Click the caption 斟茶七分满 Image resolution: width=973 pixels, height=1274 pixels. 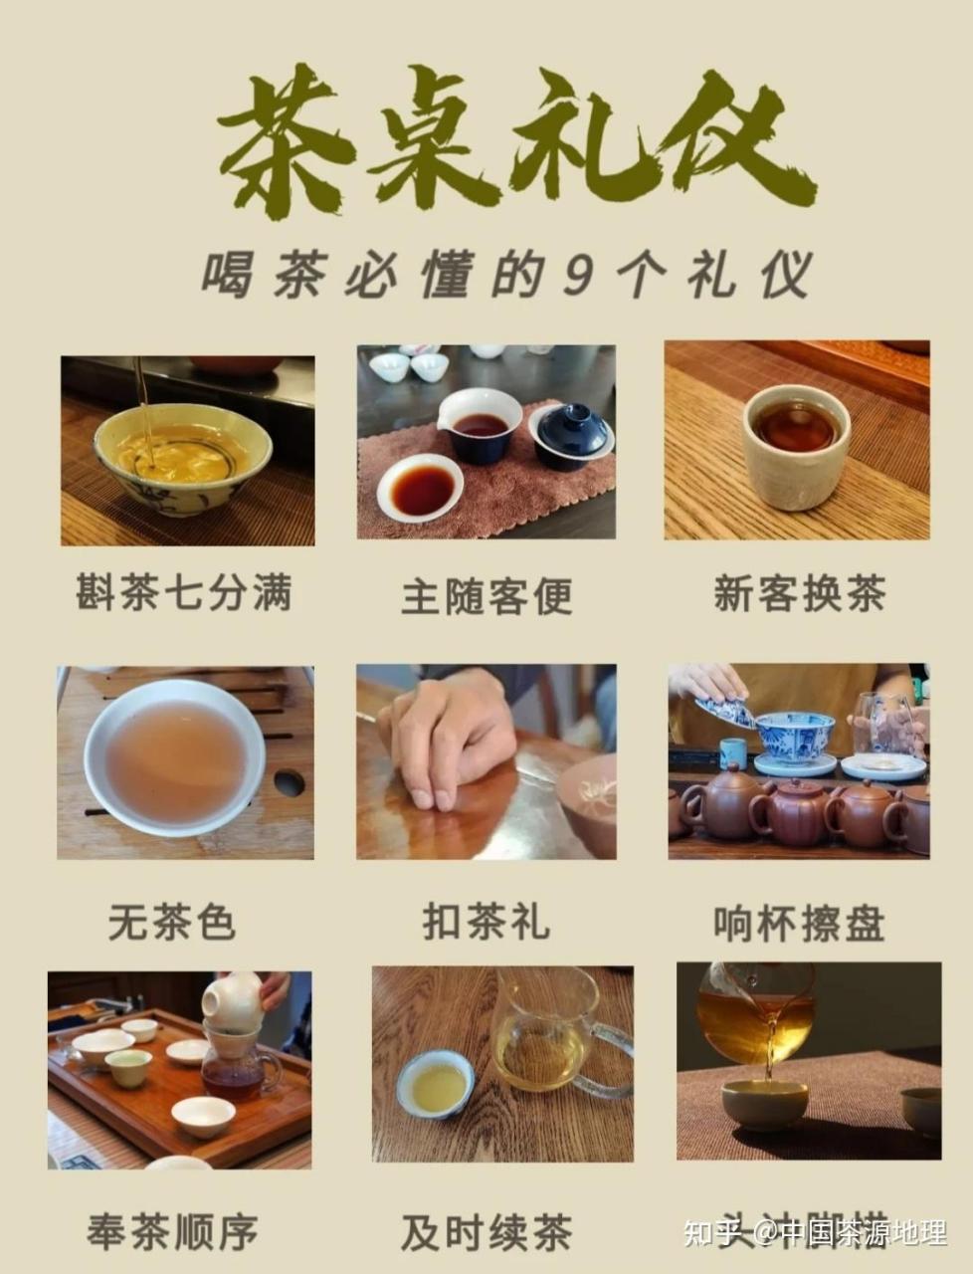click(185, 593)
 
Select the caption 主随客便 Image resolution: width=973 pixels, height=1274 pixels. click(486, 596)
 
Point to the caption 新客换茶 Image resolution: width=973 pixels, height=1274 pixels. click(799, 594)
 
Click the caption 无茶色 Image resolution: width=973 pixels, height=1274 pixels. click(172, 922)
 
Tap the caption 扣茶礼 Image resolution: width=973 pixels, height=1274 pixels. click(486, 922)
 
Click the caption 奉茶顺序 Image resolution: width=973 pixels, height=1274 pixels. click(172, 1233)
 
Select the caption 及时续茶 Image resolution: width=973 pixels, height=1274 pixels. click(486, 1233)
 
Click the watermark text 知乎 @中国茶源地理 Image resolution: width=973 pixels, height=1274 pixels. click(816, 1232)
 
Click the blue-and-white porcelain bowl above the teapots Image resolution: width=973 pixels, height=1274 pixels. click(794, 735)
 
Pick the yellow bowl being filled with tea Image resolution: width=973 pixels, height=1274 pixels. click(183, 458)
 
